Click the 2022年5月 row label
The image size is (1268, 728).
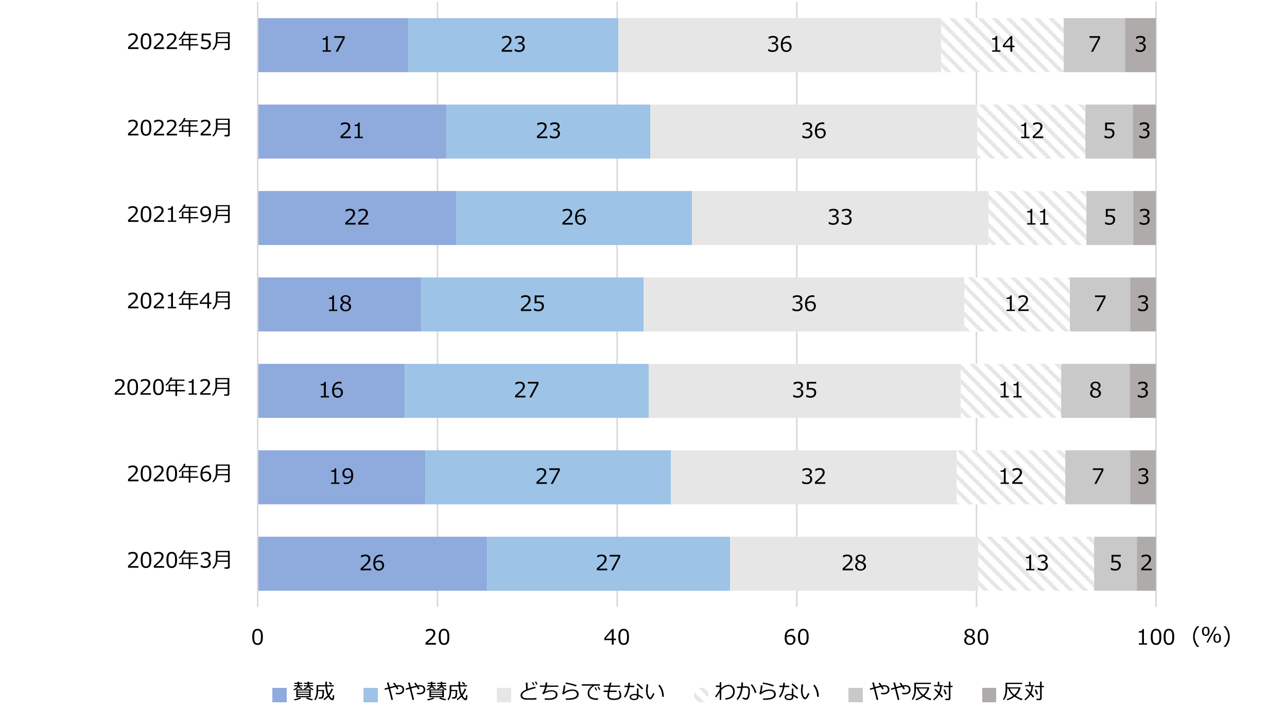tap(179, 42)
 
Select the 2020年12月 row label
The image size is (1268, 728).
tap(172, 387)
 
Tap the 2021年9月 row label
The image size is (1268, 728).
tap(179, 215)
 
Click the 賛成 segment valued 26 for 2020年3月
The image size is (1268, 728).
tap(372, 563)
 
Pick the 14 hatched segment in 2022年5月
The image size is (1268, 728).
tap(1002, 45)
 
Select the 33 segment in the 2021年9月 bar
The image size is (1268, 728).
tap(840, 218)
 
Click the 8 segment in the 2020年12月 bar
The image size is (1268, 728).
tap(1095, 390)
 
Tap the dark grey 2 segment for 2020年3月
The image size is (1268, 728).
tap(1146, 563)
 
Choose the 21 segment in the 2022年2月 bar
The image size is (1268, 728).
tap(352, 131)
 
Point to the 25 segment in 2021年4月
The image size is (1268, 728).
tap(532, 304)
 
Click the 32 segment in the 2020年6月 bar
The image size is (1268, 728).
tap(813, 477)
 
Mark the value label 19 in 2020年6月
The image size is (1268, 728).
tap(341, 477)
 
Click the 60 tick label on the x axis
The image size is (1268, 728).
tap(796, 638)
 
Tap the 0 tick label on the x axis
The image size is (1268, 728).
tap(257, 638)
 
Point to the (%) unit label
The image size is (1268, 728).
tap(1211, 636)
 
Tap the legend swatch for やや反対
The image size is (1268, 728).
tap(855, 695)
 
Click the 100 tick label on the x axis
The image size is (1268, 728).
tap(1155, 638)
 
